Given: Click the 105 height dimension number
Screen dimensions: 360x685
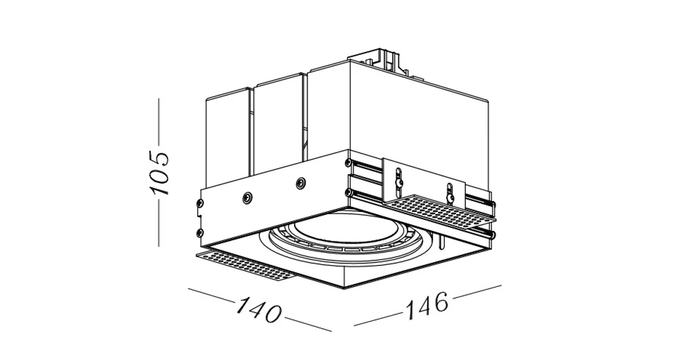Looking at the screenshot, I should (159, 172).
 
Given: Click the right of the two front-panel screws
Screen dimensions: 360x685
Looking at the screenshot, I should (301, 182).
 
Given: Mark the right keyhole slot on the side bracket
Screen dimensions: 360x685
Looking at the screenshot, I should (450, 191).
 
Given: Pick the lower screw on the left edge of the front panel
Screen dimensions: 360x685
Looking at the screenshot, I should (200, 232).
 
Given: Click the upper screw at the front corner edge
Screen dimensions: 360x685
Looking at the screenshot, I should (348, 162).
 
